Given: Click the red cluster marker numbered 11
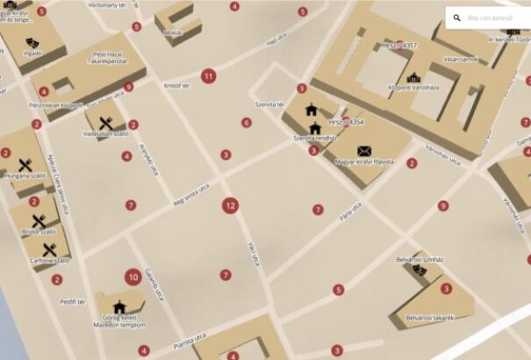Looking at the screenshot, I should (x=208, y=76).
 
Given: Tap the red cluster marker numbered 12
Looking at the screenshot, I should (x=230, y=206).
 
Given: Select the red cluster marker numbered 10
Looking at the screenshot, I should (x=133, y=277).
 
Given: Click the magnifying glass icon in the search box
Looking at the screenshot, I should (x=457, y=18).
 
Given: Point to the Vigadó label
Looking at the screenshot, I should (x=32, y=53).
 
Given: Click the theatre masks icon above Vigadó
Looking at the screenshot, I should (x=31, y=40).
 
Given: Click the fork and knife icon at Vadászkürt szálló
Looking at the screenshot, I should (x=107, y=123).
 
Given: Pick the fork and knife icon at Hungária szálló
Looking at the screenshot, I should (x=25, y=164).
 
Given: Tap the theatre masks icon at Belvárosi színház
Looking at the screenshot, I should (x=420, y=269).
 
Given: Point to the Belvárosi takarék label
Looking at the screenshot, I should (x=429, y=317).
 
